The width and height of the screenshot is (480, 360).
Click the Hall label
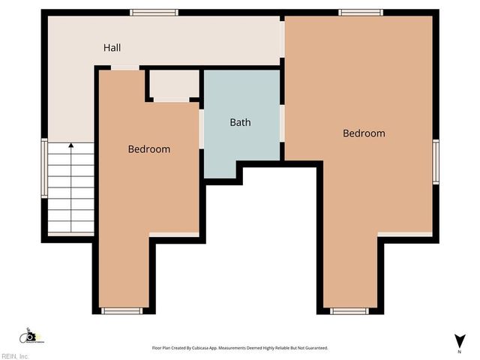click(112, 48)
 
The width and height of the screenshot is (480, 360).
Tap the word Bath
click(240, 122)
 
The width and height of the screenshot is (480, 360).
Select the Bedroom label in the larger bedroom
click(364, 133)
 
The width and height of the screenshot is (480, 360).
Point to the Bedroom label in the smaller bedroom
click(148, 149)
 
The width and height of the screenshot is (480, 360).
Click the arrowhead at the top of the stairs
click(71, 145)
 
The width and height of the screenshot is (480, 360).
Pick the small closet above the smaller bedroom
click(173, 84)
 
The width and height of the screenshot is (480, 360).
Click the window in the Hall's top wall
click(154, 12)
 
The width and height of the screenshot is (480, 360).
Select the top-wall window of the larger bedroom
click(360, 12)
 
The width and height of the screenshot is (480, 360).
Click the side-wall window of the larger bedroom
click(435, 161)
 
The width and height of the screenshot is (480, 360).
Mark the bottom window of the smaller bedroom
click(121, 310)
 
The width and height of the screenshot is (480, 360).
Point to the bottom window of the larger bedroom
click(349, 310)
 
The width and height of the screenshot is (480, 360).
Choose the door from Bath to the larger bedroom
click(282, 122)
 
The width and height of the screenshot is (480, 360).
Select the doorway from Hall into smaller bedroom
click(125, 68)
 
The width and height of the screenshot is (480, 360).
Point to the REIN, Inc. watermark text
click(15, 356)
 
